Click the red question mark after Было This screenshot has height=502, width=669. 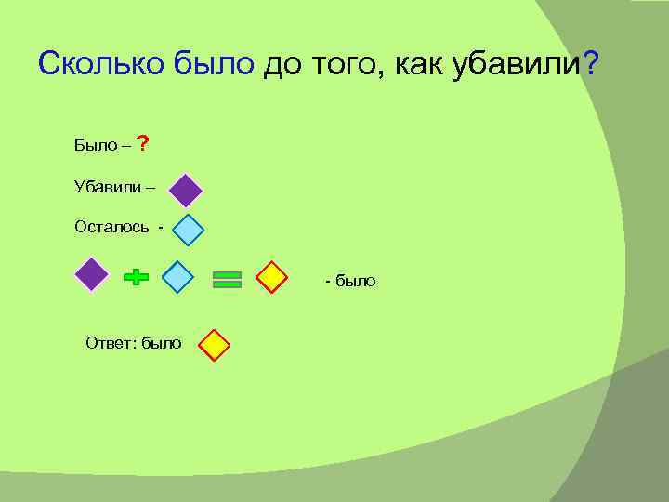[142, 144]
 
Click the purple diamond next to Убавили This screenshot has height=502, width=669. [186, 191]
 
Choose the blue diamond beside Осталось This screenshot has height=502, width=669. [189, 230]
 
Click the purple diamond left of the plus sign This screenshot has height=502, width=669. [91, 276]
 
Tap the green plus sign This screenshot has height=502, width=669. [136, 277]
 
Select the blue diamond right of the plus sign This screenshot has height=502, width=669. [177, 277]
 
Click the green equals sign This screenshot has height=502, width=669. [227, 279]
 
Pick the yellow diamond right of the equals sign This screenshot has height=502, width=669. [271, 278]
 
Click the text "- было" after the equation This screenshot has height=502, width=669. [350, 281]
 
